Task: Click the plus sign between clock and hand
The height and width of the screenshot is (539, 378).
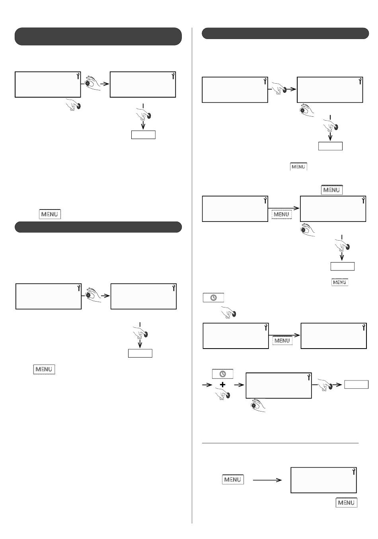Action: pyautogui.click(x=223, y=385)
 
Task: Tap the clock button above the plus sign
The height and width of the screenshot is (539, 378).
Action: pyautogui.click(x=223, y=374)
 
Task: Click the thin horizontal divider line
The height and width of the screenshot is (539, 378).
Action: pyautogui.click(x=280, y=443)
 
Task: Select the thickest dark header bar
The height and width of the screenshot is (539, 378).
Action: pyautogui.click(x=98, y=36)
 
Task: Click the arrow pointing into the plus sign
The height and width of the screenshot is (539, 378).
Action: pyautogui.click(x=207, y=385)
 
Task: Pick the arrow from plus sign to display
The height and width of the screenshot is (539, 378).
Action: pyautogui.click(x=239, y=385)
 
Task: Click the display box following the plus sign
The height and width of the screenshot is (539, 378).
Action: pyautogui.click(x=279, y=385)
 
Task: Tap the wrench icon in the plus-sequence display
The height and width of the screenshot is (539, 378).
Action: pyautogui.click(x=308, y=377)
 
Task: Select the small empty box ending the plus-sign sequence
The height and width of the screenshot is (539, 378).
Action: pyautogui.click(x=356, y=384)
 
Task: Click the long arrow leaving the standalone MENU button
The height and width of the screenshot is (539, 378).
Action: pyautogui.click(x=267, y=480)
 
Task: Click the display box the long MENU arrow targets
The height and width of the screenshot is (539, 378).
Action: pyautogui.click(x=323, y=480)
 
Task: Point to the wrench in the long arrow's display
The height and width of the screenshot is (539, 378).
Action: pyautogui.click(x=353, y=472)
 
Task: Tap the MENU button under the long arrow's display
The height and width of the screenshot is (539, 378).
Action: pyautogui.click(x=346, y=502)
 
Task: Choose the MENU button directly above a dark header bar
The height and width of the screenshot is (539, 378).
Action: pyautogui.click(x=50, y=214)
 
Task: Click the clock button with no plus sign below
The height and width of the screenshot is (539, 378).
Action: pyautogui.click(x=213, y=298)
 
